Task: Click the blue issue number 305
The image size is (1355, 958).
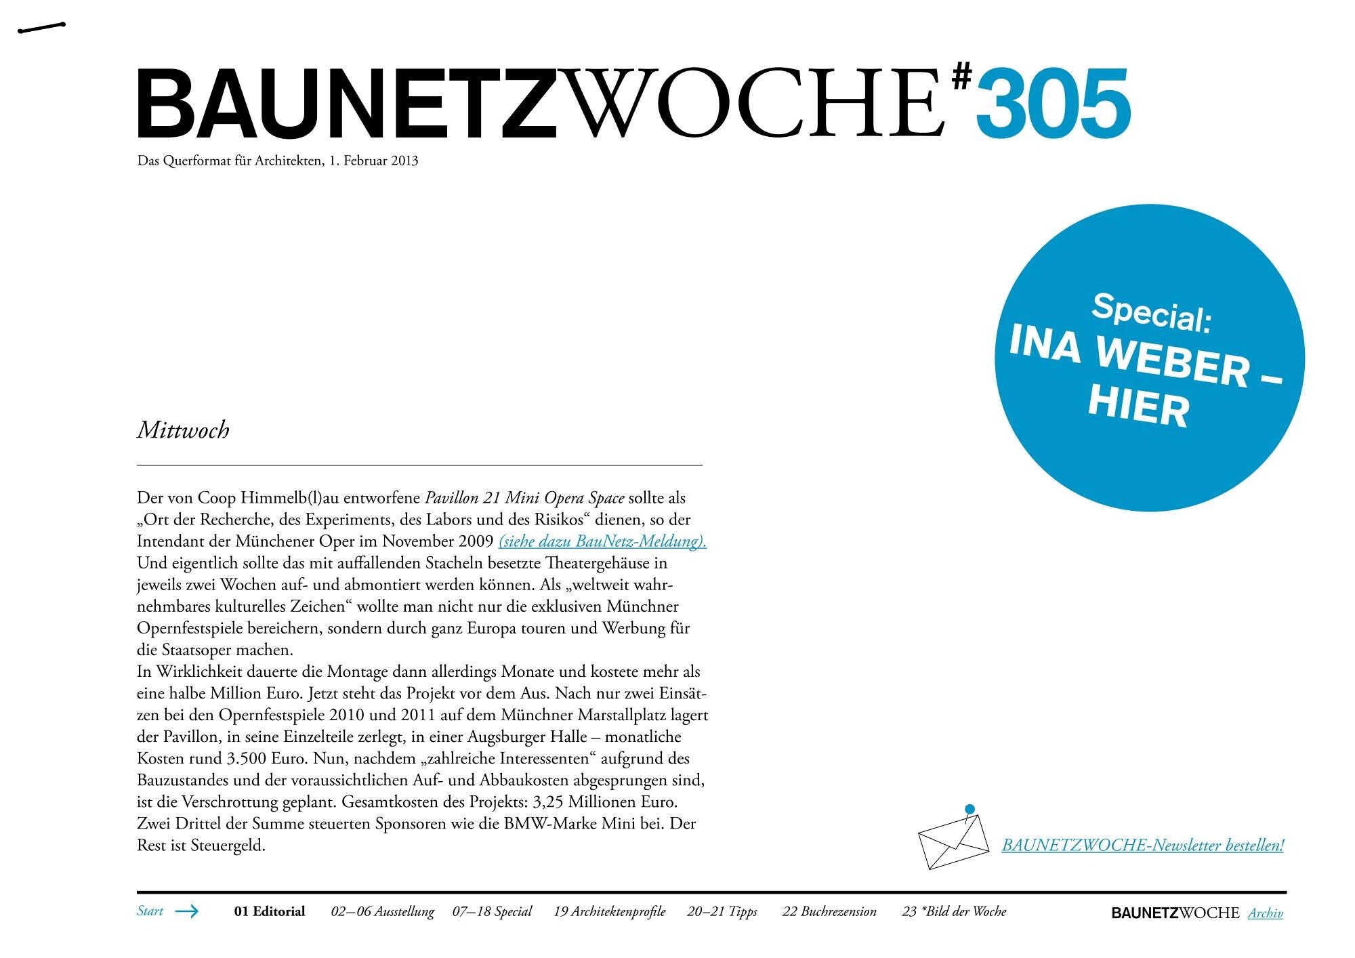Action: click(1053, 104)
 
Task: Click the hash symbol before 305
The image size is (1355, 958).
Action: click(961, 76)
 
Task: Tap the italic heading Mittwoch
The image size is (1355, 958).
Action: click(183, 430)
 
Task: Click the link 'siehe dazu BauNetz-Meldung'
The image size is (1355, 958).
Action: click(602, 541)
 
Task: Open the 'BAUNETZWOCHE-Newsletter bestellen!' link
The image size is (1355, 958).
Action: click(1142, 846)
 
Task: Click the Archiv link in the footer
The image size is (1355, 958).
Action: click(1265, 913)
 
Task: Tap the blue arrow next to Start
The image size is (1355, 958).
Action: click(187, 911)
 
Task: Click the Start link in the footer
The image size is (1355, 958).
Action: click(150, 911)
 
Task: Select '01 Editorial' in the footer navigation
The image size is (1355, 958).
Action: click(270, 911)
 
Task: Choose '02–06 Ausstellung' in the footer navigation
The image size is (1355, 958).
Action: click(382, 911)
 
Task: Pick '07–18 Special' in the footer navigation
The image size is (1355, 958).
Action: click(492, 911)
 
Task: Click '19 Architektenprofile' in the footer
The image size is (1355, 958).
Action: click(609, 911)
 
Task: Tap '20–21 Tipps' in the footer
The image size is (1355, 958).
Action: click(722, 911)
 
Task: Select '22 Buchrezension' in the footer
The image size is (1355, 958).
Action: click(829, 911)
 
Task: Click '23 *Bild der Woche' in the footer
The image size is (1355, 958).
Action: click(954, 911)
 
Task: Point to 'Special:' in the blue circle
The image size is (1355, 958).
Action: click(1151, 312)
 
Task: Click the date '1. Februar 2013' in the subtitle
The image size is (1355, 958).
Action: click(373, 161)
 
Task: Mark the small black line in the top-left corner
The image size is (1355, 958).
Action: click(41, 28)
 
